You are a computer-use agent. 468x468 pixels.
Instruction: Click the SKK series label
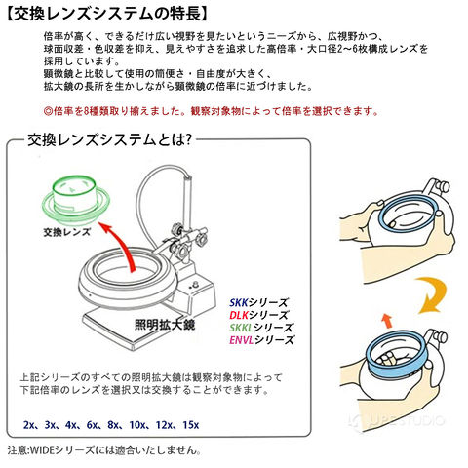(x=258, y=303)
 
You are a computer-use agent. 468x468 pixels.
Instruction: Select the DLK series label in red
(x=258, y=315)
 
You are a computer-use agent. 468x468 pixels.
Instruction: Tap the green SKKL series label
(x=261, y=328)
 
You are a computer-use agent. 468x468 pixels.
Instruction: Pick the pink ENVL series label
(x=261, y=340)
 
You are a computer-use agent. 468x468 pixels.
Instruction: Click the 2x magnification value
(x=28, y=425)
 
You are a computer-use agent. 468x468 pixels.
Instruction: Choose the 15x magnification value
(x=191, y=425)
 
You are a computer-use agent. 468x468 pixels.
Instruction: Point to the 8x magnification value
(x=113, y=425)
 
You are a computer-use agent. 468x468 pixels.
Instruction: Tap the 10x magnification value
(x=137, y=425)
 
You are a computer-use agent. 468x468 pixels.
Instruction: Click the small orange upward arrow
(x=386, y=321)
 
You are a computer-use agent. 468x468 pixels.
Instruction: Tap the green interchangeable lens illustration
(x=76, y=199)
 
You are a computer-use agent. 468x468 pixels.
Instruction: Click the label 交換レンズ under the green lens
(x=67, y=232)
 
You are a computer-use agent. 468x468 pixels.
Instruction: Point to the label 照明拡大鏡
(x=165, y=324)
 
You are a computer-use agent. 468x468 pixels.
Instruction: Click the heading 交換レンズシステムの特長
(x=106, y=14)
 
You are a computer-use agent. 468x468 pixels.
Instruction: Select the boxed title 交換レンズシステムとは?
(x=109, y=139)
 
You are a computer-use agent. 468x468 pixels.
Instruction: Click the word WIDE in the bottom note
(x=42, y=450)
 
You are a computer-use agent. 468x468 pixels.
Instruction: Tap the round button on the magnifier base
(x=195, y=285)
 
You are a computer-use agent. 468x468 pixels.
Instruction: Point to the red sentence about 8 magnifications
(x=212, y=111)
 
